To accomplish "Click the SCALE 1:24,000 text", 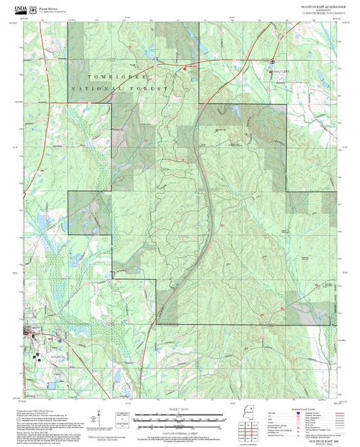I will (180, 410).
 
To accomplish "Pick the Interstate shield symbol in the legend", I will (299, 413).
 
